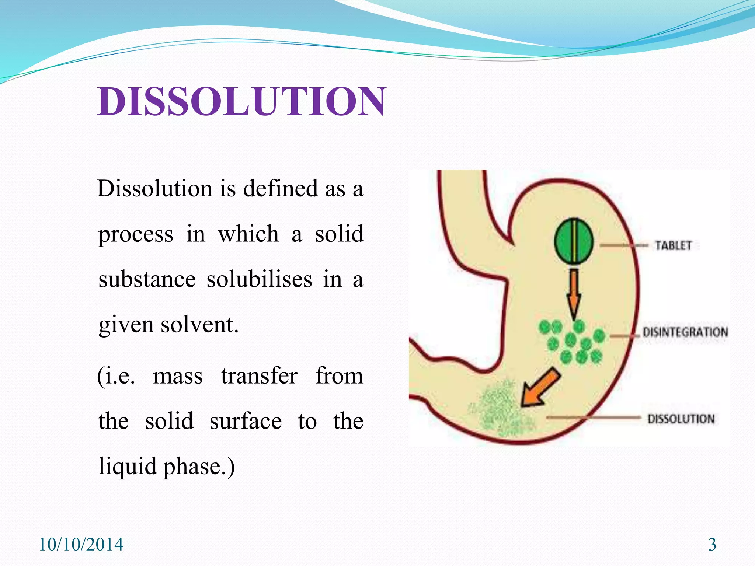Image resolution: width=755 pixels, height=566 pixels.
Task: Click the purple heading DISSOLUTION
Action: pos(241,102)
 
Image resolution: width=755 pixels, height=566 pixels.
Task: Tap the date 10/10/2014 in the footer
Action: pos(81,545)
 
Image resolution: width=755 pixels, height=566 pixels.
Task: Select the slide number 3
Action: pos(712,545)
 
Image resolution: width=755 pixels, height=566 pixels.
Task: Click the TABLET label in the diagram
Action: pos(673,245)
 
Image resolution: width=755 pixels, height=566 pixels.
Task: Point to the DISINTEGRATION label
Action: pos(685,332)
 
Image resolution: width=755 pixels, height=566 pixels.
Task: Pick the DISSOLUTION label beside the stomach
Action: pos(681,419)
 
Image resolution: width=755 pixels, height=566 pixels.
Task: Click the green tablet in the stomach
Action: pos(574,241)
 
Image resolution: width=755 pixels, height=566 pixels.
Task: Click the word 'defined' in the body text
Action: pos(280,189)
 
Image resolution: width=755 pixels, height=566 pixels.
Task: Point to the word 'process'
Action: pos(136,234)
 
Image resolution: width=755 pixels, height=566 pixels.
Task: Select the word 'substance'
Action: pos(147,279)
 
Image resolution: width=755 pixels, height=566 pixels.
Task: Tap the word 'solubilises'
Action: pos(259,279)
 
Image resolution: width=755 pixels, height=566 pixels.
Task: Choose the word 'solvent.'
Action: pos(199,325)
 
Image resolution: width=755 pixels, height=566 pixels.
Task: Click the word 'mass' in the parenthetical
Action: pos(178,377)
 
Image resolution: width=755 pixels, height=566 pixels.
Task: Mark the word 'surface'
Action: pos(246,422)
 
